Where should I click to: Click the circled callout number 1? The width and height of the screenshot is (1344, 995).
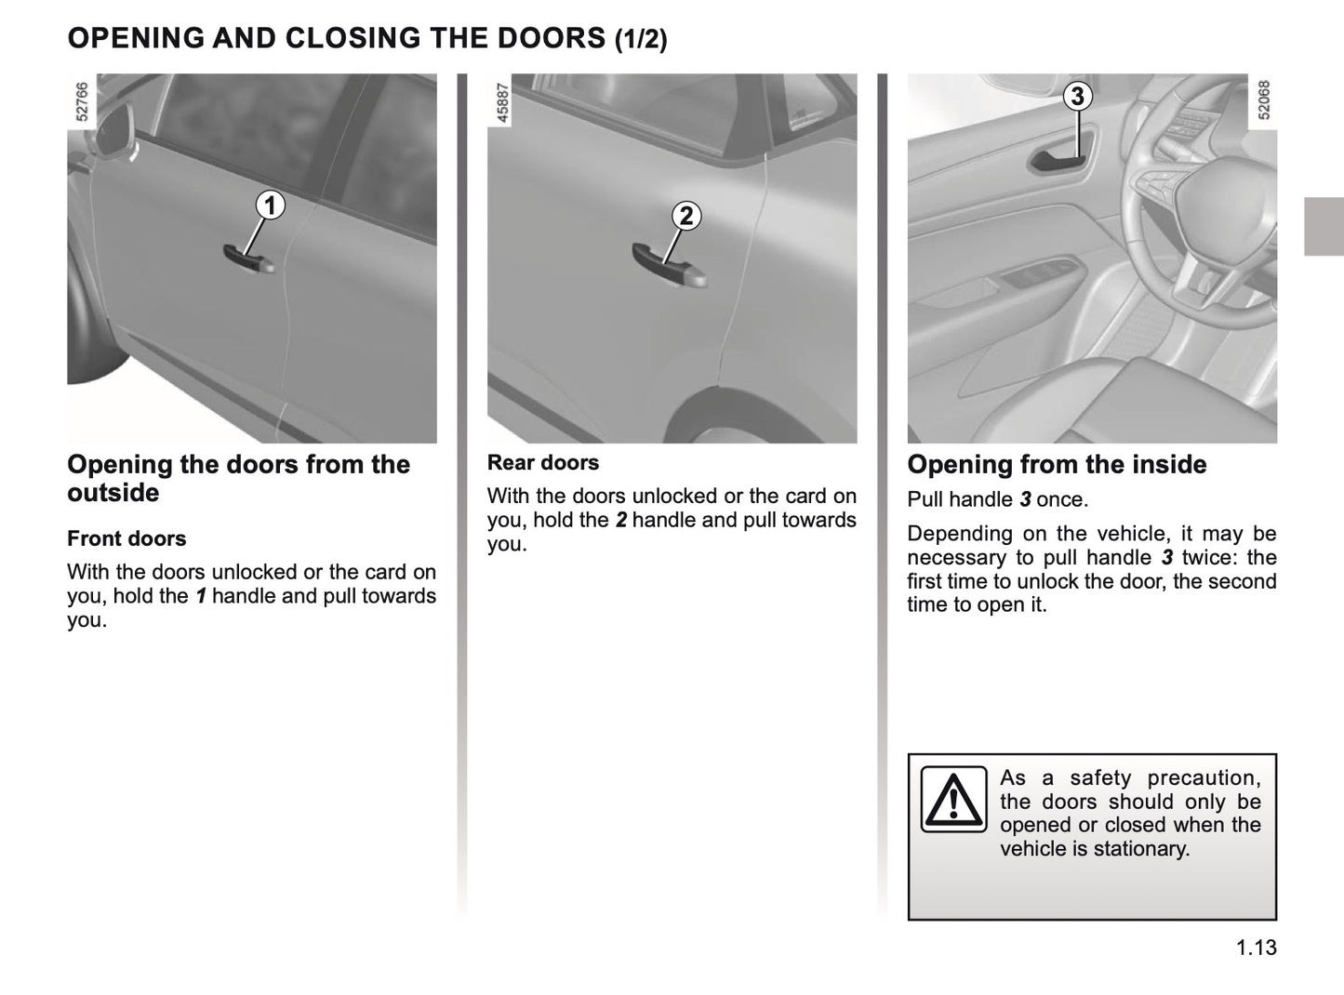click(270, 206)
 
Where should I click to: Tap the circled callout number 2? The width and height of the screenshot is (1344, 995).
click(685, 216)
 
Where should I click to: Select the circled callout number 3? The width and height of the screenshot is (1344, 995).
click(1077, 96)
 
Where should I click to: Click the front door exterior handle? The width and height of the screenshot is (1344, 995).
click(248, 259)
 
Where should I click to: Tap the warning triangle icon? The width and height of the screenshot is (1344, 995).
click(953, 800)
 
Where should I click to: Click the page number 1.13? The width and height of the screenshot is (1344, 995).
click(1257, 948)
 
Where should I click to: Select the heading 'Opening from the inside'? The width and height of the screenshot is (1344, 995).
click(1057, 465)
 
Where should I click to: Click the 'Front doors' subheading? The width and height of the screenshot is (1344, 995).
click(126, 538)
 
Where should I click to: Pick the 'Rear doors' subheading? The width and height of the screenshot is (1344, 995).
click(543, 462)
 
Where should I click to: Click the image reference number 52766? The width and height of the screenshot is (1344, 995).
click(81, 101)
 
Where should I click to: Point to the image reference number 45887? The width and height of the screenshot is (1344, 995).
click(502, 101)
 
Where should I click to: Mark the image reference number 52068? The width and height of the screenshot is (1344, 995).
click(1263, 99)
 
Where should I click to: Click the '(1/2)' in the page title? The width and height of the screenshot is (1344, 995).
click(641, 39)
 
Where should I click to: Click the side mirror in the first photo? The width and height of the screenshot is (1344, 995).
click(115, 126)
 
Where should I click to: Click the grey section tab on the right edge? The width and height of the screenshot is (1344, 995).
click(1323, 226)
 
